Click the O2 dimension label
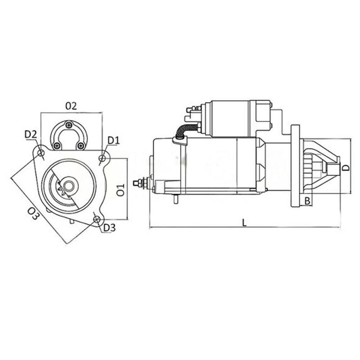coord(71,106)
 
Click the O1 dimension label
coord(120,190)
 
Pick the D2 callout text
coord(31,134)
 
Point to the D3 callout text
coord(109,228)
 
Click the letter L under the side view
coord(244,222)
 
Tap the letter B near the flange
coord(307,201)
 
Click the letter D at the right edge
coord(345,167)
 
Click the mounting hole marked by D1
coord(103,158)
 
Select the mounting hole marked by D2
coord(41,153)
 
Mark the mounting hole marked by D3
coord(97,219)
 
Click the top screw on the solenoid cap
coord(68,125)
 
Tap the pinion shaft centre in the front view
coord(68,185)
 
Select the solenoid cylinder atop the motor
coord(229,118)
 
